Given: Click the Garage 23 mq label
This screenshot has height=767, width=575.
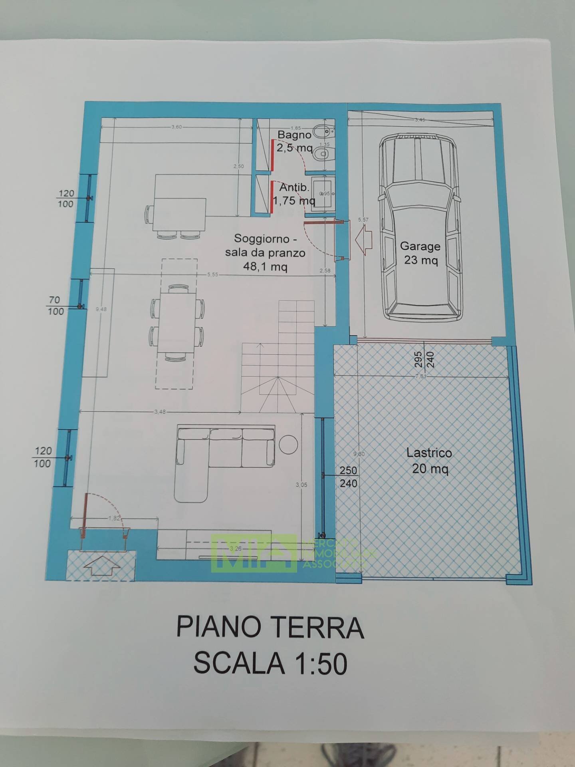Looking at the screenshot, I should coord(420,253).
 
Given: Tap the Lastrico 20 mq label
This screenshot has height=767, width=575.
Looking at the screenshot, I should coord(429,460).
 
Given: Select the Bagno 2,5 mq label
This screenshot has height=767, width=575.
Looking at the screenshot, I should coord(294,141).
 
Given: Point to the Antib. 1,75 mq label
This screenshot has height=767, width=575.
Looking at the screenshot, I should coord(293,194).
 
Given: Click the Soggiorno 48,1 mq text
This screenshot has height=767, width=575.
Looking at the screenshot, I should coord(265,252).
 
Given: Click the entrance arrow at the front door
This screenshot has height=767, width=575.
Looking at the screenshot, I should coord(102,564).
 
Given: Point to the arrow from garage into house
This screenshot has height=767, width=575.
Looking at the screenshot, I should coord(364,239).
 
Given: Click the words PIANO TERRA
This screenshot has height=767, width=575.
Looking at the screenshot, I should coord(270,628).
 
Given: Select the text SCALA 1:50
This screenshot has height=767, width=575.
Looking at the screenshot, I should coord(270,664).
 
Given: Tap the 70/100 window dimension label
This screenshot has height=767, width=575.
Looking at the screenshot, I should coord(56,306).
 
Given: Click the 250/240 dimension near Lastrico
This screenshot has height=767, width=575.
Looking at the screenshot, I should coord(348,477).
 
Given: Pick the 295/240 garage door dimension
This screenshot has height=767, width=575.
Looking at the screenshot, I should coord(424,360).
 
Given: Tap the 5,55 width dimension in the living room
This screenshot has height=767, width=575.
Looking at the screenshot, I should coord(212,274).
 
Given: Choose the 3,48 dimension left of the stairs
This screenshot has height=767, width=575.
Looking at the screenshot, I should coord(160,412).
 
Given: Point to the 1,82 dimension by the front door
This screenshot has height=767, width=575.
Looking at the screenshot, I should coord(114,518).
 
